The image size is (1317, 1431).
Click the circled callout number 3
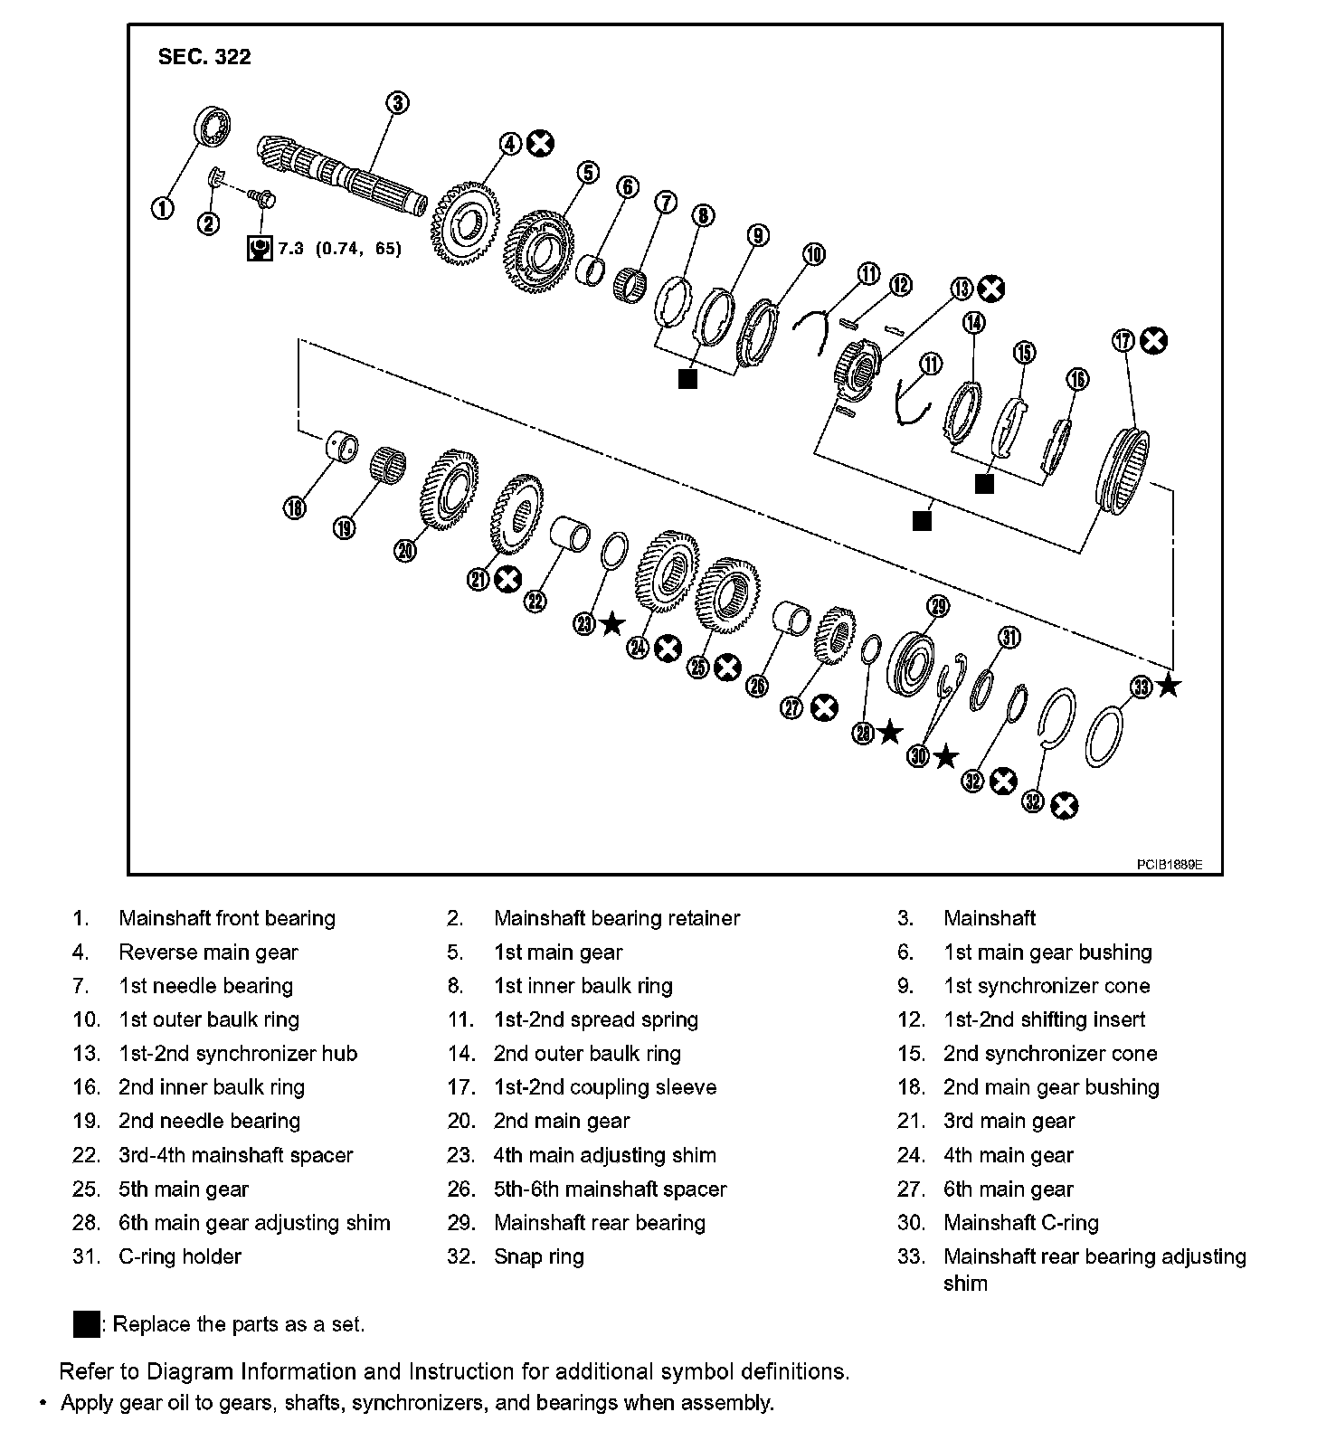pyautogui.click(x=398, y=102)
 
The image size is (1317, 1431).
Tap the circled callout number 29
pyautogui.click(x=937, y=606)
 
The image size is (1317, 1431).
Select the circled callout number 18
pyautogui.click(x=295, y=508)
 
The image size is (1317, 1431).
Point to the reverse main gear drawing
pyautogui.click(x=466, y=223)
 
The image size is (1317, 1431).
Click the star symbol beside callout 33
pyautogui.click(x=1169, y=686)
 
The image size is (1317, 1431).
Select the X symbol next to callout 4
pyautogui.click(x=541, y=143)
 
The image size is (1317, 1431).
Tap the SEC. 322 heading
pyautogui.click(x=204, y=57)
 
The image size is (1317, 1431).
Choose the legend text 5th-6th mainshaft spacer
pyautogui.click(x=610, y=1189)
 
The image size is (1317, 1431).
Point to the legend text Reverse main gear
pyautogui.click(x=208, y=952)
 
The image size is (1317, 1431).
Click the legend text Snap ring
pyautogui.click(x=538, y=1256)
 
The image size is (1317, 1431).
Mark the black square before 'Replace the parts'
pyautogui.click(x=87, y=1324)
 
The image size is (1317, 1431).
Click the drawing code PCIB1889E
pyautogui.click(x=1169, y=865)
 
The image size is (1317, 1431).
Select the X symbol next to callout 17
pyautogui.click(x=1153, y=341)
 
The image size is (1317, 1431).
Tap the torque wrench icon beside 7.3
pyautogui.click(x=261, y=248)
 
